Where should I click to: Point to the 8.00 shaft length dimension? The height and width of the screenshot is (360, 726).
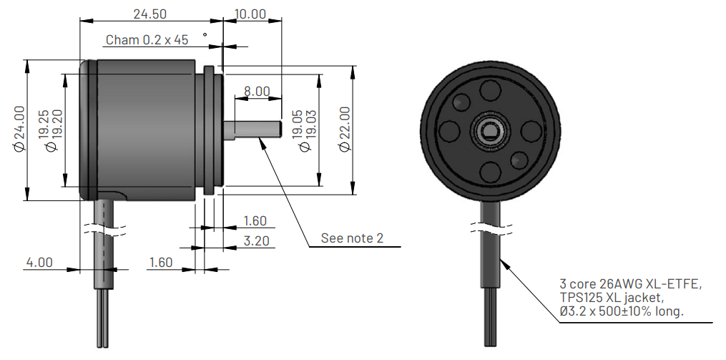[257, 91]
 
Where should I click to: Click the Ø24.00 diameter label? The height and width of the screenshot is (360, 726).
[19, 128]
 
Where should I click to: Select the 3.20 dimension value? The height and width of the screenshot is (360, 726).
[256, 241]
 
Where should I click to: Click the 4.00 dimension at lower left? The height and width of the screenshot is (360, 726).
[39, 263]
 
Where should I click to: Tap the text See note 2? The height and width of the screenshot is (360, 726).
[352, 238]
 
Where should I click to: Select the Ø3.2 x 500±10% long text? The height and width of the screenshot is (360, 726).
[622, 311]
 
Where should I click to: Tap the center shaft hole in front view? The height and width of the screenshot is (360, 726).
[491, 131]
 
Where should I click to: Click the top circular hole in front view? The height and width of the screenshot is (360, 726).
[491, 91]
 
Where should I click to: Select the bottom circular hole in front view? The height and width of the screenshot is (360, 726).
[491, 172]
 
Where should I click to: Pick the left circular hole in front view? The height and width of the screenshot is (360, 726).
[450, 131]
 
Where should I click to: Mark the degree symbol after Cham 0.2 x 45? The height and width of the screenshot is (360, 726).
[205, 34]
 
